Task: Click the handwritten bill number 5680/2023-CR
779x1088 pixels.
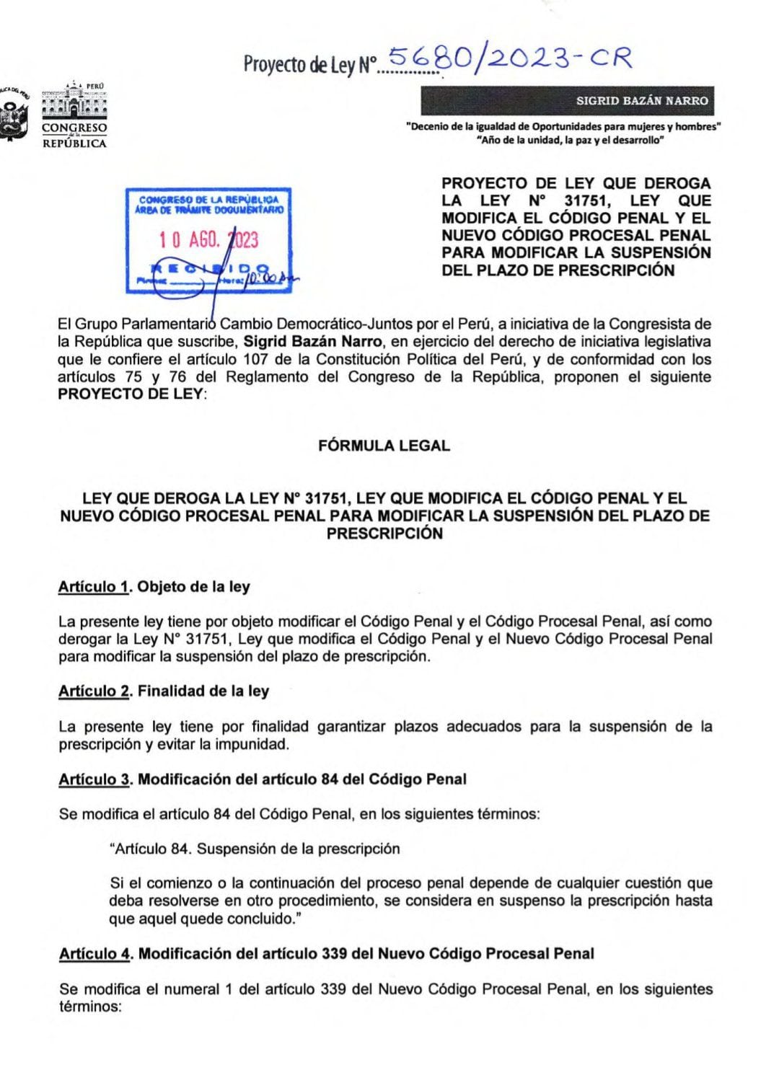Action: point(509,58)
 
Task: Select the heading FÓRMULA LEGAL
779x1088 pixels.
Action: point(384,446)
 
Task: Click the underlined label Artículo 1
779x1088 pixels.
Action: point(94,587)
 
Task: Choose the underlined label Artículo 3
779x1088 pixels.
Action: point(94,779)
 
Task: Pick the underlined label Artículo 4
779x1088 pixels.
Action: point(95,954)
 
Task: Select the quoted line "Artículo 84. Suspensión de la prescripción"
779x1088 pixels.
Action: point(254,849)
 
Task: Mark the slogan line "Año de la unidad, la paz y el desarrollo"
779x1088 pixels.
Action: point(570,140)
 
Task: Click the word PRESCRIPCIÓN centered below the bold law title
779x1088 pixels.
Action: point(384,534)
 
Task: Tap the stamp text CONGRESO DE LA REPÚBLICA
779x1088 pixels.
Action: point(208,199)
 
